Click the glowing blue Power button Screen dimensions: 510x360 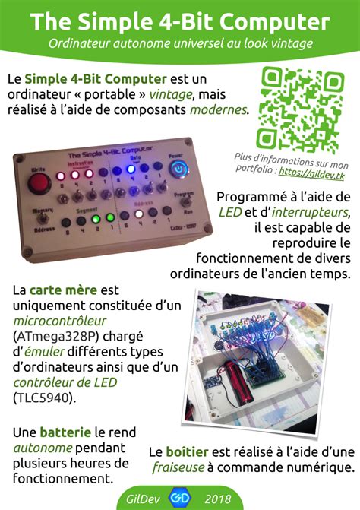(x=179, y=172)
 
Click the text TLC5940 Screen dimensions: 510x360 (x=45, y=398)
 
